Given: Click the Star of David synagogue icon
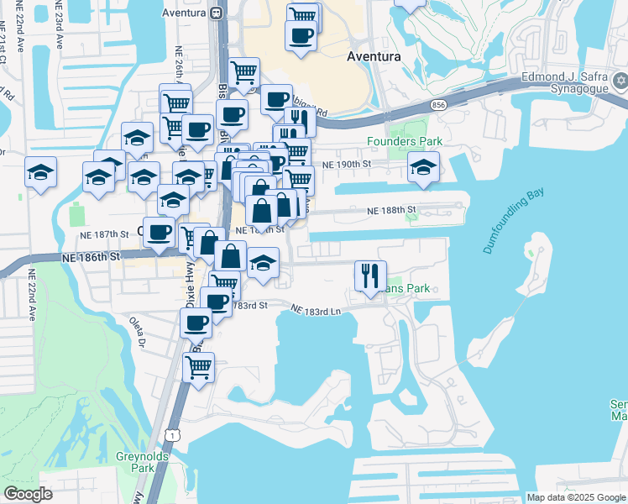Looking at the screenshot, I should (620, 81).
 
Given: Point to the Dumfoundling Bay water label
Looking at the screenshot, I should (514, 221).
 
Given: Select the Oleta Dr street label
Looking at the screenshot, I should (137, 330).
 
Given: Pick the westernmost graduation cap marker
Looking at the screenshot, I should (40, 172).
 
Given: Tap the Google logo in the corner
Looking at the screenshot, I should (28, 493).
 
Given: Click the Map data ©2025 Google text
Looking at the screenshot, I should (576, 497).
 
